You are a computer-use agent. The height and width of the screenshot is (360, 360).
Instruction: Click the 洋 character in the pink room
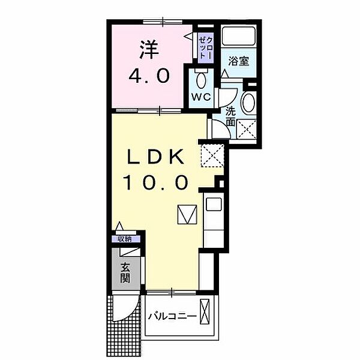point(149,50)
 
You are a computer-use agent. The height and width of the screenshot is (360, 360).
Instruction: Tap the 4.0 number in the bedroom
point(149,76)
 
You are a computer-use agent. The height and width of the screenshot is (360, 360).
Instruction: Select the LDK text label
point(156,157)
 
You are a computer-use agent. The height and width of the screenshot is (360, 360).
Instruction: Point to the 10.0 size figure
point(156,182)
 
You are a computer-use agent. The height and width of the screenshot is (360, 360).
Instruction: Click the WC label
point(201,97)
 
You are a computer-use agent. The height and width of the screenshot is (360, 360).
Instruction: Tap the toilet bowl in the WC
point(202,80)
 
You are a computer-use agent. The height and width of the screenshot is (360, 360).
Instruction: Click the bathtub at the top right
point(239,36)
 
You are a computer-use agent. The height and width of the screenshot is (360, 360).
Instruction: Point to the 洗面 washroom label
point(230,117)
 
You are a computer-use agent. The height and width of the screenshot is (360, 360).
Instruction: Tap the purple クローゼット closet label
point(206,47)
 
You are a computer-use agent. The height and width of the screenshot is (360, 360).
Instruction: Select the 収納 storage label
point(125,239)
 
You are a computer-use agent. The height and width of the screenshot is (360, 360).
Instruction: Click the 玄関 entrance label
point(125,273)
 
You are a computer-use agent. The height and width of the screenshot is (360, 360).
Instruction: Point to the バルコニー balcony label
point(172,317)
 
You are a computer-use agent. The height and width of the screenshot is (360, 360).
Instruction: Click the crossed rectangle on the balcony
point(205,311)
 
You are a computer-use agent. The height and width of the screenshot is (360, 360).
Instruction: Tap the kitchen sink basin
point(214,205)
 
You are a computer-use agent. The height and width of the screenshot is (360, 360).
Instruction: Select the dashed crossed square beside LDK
point(212,155)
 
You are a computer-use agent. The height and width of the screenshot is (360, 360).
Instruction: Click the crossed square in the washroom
point(247,129)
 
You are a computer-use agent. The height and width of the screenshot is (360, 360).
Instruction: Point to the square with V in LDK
point(187,214)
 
